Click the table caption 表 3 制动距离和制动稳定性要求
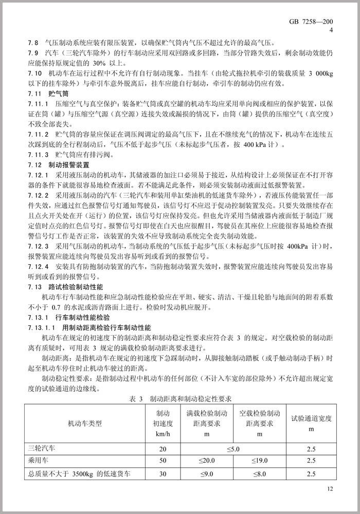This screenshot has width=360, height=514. coord(180,398)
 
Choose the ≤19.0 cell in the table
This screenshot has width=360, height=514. coord(260,461)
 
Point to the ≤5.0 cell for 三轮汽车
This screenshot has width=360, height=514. coord(233,449)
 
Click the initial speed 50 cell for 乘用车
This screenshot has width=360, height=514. coord(163,461)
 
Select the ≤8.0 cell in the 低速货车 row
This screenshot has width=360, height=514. coord(260,473)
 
